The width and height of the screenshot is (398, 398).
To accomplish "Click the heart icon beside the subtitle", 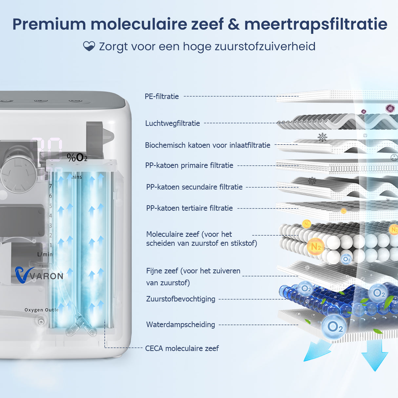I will point(89,46).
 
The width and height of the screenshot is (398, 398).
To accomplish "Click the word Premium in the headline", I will point(49,24).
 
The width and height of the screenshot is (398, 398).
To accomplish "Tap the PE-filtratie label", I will point(162,96).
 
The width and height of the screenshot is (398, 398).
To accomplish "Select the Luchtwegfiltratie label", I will point(172,123).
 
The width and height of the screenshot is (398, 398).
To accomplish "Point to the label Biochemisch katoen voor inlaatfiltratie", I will point(208,145).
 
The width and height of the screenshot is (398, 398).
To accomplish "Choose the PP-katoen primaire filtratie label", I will point(189,165).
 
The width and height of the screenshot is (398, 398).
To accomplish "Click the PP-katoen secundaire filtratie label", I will point(194,187).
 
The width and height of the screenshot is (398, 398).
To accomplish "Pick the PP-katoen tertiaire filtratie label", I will point(189,208).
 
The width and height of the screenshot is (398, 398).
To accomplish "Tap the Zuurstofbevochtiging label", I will point(181,299).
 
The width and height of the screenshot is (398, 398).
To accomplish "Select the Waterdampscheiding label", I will point(181,325).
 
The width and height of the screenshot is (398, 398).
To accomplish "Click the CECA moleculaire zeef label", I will point(182,348).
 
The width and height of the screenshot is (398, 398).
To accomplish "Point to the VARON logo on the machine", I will point(39,275).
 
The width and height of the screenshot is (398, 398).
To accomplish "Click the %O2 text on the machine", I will point(77,158).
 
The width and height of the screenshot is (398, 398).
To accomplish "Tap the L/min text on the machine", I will point(45,254).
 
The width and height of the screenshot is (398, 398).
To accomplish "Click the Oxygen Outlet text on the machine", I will point(42,310).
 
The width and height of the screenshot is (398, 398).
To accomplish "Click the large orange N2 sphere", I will point(315,247).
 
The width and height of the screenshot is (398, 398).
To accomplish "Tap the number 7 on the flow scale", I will point(50,186).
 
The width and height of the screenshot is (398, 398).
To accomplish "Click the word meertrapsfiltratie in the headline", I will point(316,24).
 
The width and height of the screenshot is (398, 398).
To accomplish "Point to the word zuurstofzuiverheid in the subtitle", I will point(265,46).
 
